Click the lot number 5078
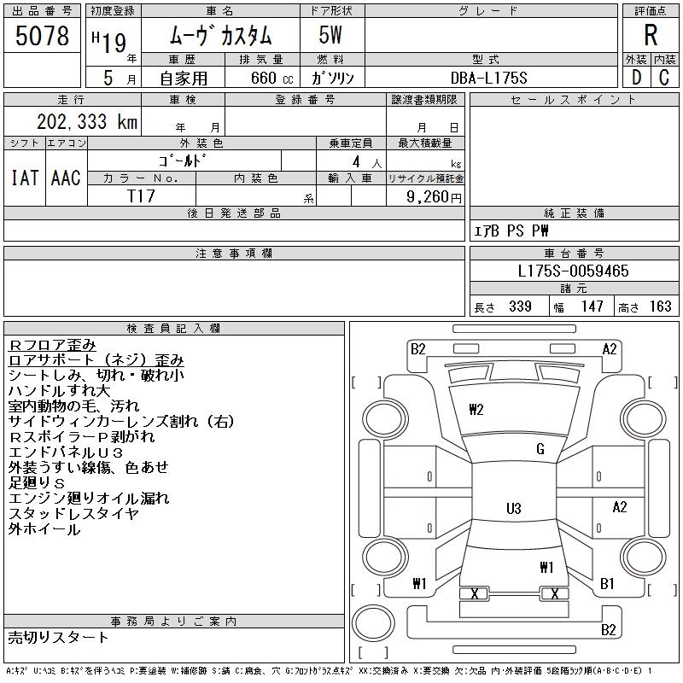coord(42,36)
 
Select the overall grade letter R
coord(651,35)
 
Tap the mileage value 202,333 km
coord(87,122)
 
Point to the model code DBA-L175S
coord(488,78)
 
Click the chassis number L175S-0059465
coord(573,271)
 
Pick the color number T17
coord(141,196)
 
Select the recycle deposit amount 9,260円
coord(434,197)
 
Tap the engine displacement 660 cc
coord(272,78)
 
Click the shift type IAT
coord(25,178)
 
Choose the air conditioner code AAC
coord(66,178)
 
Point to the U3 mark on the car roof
coord(514,508)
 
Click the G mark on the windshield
coord(540,449)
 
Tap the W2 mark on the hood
coord(476,410)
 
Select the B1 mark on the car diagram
coord(607,583)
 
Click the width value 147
coord(592,306)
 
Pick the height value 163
coord(660,306)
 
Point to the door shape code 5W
coord(330,35)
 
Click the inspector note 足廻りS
coord(37,482)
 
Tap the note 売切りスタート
coord(58,637)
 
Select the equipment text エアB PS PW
coord(511,231)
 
